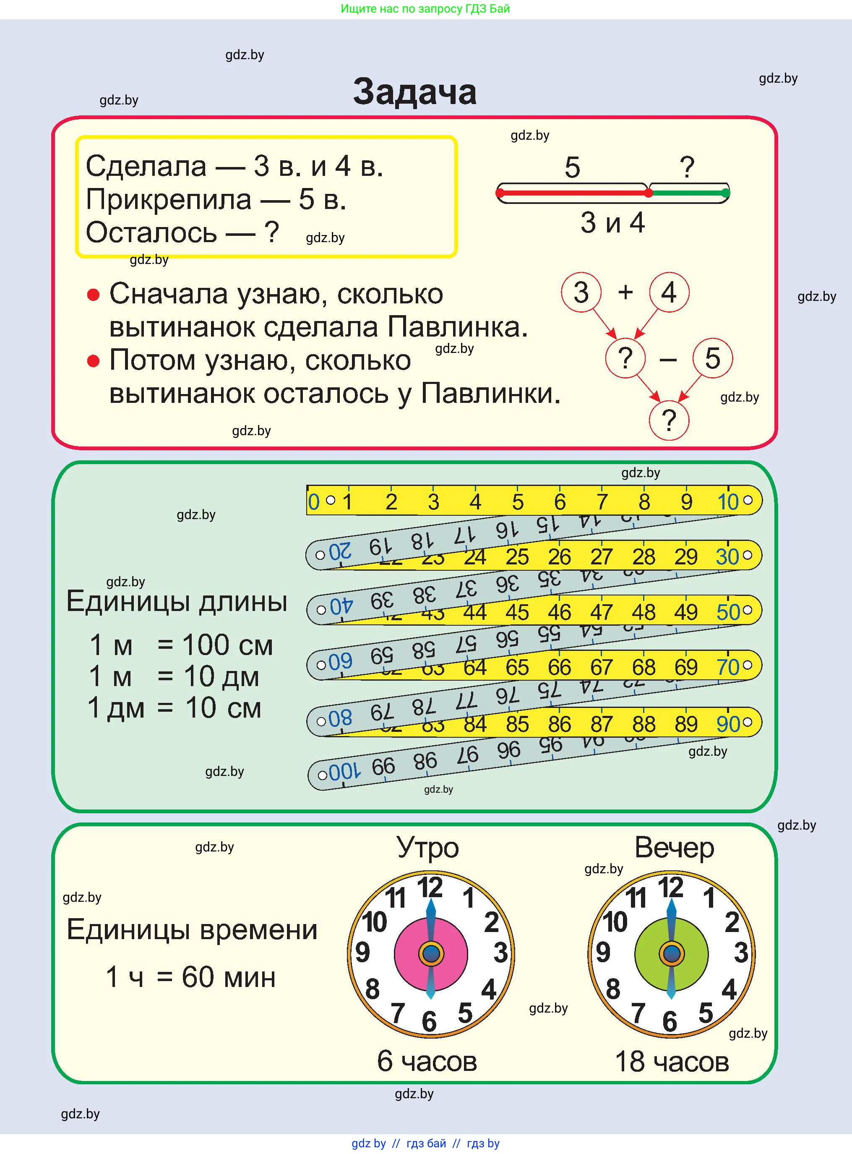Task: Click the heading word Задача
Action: click(x=414, y=92)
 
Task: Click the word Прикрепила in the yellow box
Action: click(x=169, y=199)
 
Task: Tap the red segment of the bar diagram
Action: click(x=573, y=193)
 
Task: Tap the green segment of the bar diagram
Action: click(x=688, y=193)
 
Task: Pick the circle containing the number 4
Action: click(x=669, y=292)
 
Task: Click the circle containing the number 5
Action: click(x=712, y=358)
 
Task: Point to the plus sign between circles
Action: click(x=625, y=292)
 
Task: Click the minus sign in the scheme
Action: click(x=668, y=359)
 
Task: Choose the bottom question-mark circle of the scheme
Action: click(x=669, y=420)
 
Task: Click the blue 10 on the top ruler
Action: click(x=728, y=502)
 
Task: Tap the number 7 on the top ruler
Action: click(x=602, y=502)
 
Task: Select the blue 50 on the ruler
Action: click(x=728, y=612)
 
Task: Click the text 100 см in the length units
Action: click(x=227, y=645)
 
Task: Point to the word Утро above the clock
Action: click(x=427, y=848)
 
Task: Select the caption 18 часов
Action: click(x=672, y=1062)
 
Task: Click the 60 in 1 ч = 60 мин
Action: click(x=198, y=977)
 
